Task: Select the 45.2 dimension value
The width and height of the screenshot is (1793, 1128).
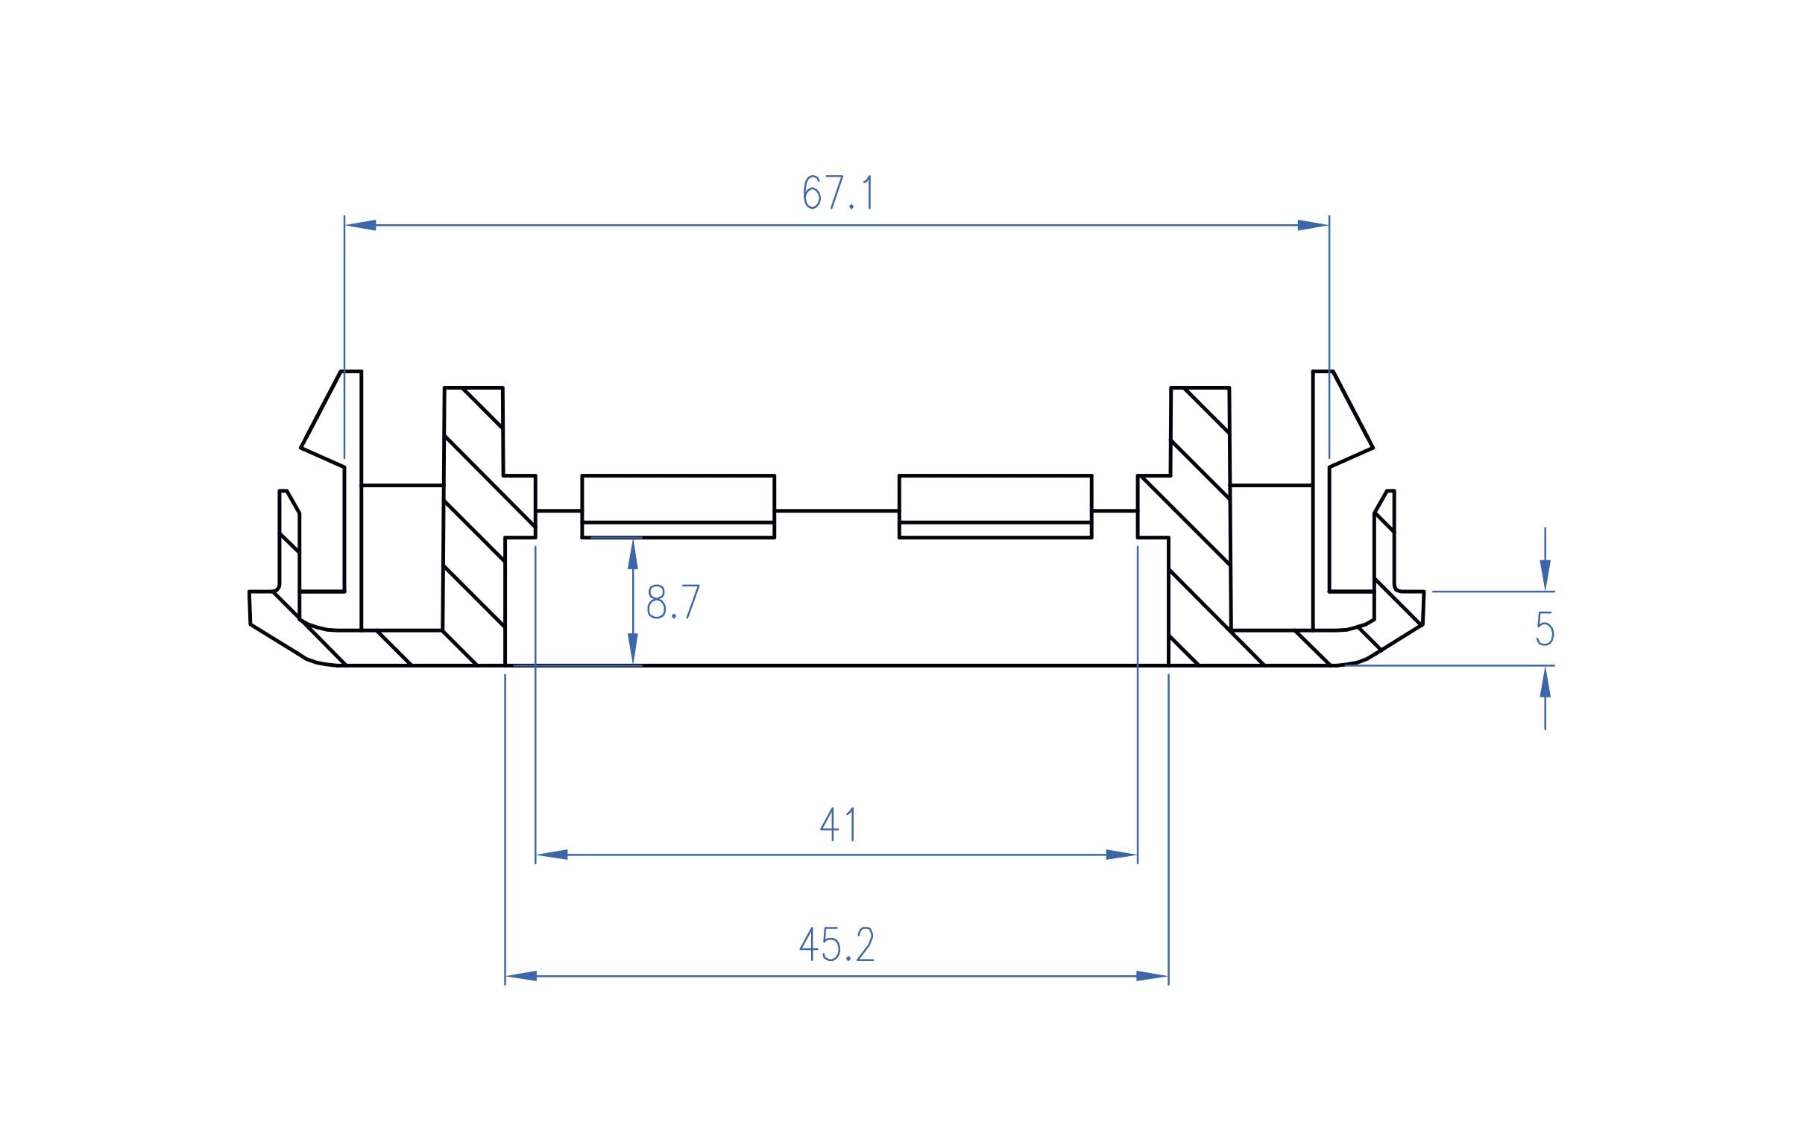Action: point(836,946)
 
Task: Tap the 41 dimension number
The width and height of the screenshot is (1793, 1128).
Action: point(839,826)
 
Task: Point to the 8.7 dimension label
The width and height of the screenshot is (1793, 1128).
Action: point(672,603)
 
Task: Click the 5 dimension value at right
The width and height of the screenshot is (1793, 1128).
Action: point(1545,629)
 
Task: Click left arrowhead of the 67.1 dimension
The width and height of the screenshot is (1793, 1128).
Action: point(360,225)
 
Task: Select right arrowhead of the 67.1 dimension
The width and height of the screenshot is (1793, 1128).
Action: point(1313,225)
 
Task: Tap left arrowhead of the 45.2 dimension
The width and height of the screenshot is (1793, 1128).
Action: point(521,976)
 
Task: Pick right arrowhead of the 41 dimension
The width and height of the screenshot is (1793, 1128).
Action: point(1122,855)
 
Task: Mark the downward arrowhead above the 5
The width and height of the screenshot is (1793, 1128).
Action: point(1545,575)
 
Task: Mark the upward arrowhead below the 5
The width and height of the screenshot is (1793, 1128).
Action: point(1545,682)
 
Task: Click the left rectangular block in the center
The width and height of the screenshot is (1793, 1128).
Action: point(678,505)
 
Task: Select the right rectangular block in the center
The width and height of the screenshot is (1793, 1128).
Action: point(995,505)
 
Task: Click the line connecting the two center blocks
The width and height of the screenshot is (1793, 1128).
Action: point(836,511)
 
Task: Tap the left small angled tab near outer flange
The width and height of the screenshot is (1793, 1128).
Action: point(289,536)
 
